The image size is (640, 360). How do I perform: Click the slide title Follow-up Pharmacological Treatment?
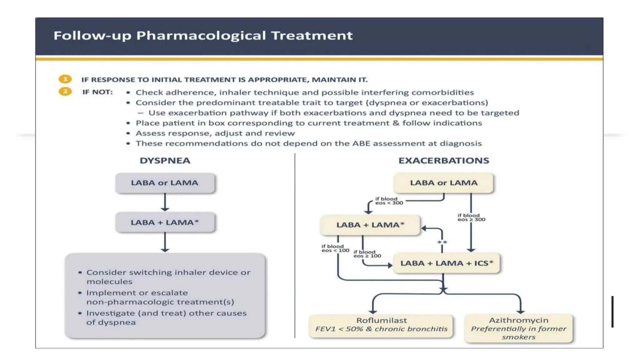click(x=203, y=36)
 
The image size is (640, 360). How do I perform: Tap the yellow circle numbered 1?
click(x=65, y=79)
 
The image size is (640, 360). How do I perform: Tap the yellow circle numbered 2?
click(x=65, y=92)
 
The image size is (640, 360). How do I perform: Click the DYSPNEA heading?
click(x=165, y=161)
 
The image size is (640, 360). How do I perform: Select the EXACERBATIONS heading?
click(x=443, y=161)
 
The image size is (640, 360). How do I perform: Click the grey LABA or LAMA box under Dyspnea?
click(x=165, y=183)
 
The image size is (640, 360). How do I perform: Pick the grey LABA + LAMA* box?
click(x=165, y=222)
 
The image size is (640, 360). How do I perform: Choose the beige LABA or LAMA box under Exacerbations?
click(x=443, y=183)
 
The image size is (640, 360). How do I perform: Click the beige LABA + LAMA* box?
click(x=370, y=225)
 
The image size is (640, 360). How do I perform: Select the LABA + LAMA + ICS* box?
click(x=446, y=263)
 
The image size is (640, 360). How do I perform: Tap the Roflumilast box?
click(x=381, y=325)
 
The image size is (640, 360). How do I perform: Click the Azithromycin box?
click(x=518, y=328)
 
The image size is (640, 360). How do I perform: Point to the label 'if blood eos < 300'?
click(x=389, y=201)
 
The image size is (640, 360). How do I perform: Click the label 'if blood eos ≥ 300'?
click(x=471, y=217)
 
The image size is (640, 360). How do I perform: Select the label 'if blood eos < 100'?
click(x=335, y=248)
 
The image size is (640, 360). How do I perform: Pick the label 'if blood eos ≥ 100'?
click(x=367, y=254)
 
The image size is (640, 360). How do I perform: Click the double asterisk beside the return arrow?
click(x=442, y=242)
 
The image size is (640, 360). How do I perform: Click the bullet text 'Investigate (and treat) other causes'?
click(x=166, y=313)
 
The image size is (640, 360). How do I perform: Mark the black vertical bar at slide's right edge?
click(x=612, y=312)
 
